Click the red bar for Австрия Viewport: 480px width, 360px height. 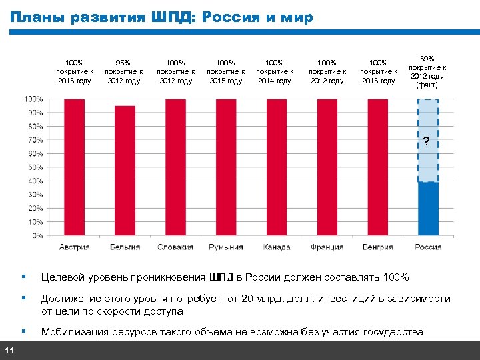click(74, 167)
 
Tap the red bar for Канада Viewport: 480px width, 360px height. click(276, 167)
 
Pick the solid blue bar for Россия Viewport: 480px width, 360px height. click(428, 208)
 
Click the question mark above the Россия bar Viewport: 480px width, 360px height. click(426, 141)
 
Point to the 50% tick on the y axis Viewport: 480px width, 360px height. click(35, 167)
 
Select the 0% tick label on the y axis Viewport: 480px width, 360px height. click(36, 235)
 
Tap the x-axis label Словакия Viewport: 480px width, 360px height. click(175, 247)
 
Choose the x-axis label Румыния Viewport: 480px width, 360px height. click(225, 247)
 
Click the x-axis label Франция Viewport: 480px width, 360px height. click(327, 247)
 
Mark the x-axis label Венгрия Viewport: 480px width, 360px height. click(377, 247)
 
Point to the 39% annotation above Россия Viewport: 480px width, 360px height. click(427, 59)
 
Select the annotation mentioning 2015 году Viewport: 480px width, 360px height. click(225, 71)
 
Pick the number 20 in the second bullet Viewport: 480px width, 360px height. click(236, 299)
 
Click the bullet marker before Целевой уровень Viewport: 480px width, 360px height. click(23, 277)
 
